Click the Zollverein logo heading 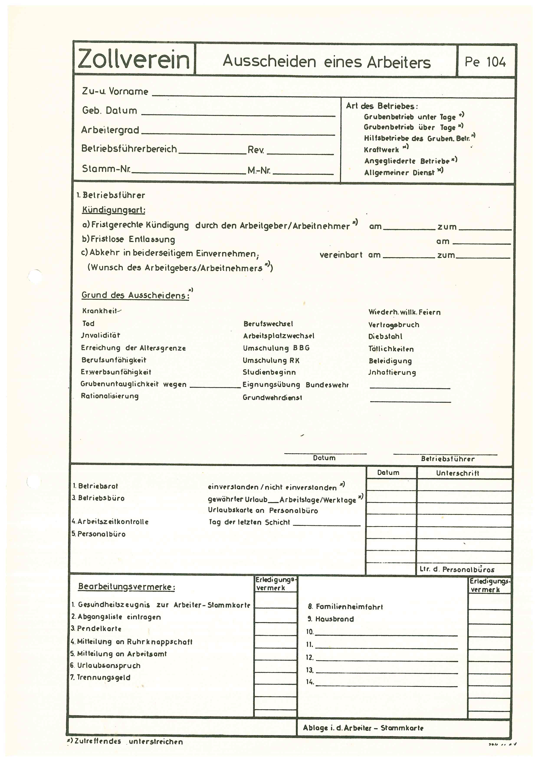(x=134, y=59)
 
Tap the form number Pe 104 (x=485, y=62)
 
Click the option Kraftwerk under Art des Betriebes (x=382, y=150)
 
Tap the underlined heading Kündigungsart (x=114, y=210)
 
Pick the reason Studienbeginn (x=269, y=372)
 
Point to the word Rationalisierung (x=110, y=396)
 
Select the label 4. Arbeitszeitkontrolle (x=110, y=522)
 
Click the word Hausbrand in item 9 (x=335, y=619)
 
